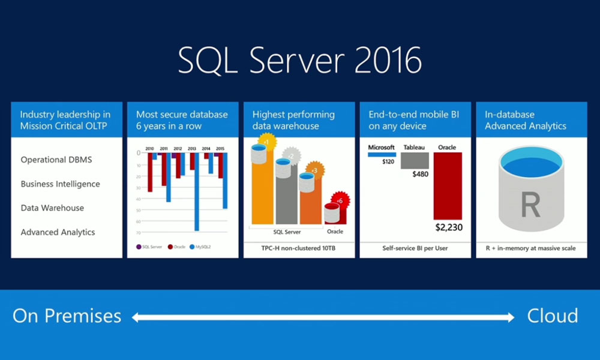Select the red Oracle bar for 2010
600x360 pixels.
[149, 172]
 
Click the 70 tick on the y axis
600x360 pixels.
[138, 232]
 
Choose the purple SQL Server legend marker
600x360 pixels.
[139, 246]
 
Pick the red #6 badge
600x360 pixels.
[339, 200]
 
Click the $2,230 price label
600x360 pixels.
[448, 227]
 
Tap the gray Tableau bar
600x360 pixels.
[415, 160]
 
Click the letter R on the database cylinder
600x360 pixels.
[531, 205]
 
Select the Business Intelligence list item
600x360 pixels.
[60, 184]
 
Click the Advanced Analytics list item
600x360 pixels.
[58, 232]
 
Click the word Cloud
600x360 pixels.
[552, 316]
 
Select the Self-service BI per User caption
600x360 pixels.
[415, 248]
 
